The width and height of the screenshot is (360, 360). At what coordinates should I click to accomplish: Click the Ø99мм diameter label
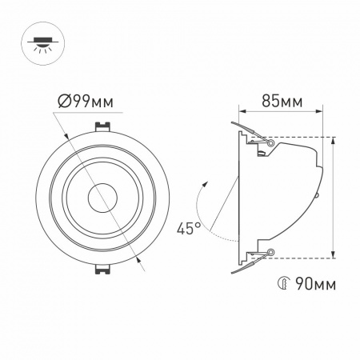(86, 102)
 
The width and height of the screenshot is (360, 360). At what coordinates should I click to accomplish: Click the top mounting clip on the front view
(102, 127)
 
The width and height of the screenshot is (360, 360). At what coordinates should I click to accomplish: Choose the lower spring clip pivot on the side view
(270, 254)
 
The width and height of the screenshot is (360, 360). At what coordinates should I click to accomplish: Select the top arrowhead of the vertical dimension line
(334, 140)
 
